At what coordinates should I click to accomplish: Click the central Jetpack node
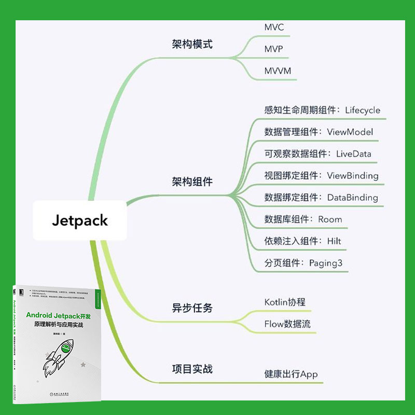80,220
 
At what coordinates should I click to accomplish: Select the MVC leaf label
274,27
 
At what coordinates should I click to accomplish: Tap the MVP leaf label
274,49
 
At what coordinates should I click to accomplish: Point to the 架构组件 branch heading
192,182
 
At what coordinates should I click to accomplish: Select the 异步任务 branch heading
192,308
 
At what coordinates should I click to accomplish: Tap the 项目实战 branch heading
192,369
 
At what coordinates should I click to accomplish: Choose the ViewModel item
350,132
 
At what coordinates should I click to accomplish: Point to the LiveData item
353,154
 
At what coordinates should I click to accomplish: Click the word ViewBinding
352,175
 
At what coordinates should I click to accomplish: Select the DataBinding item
352,197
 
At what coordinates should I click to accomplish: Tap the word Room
330,219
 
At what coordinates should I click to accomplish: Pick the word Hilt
334,241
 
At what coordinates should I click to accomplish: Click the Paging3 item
326,262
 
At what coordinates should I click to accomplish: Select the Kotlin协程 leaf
285,302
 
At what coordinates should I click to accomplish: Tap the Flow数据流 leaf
287,324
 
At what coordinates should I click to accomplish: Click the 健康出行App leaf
290,374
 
